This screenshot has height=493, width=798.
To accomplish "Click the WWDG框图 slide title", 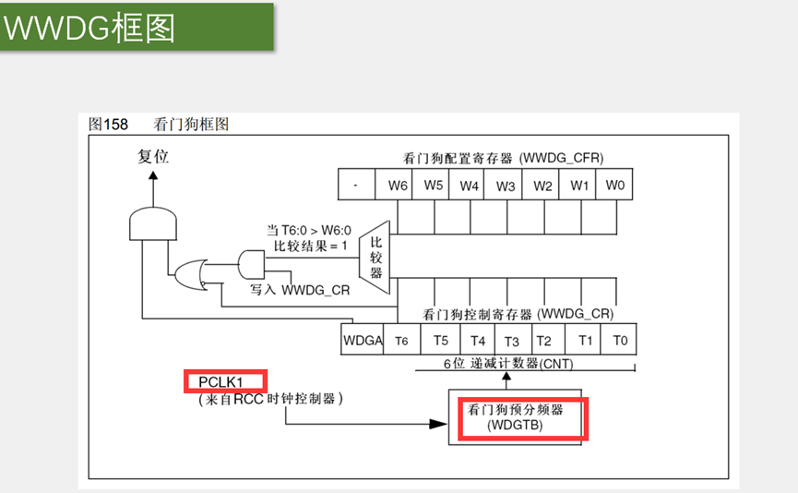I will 89,28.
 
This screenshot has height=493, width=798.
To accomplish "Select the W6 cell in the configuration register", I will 398,185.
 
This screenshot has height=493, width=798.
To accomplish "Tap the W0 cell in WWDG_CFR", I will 615,185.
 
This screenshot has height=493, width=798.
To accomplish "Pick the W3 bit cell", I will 506,185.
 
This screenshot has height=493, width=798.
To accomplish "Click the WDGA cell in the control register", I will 363,340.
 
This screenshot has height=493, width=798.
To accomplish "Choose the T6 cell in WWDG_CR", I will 401,340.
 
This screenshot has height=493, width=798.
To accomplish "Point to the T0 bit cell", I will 620,340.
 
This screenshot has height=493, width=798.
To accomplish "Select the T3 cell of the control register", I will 511,340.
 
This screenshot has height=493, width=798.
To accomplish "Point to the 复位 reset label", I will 153,157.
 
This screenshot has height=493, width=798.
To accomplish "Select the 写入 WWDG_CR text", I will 300,290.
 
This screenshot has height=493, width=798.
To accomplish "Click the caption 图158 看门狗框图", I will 158,124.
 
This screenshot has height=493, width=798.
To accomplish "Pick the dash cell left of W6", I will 355,185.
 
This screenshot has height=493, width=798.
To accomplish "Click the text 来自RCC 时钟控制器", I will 270,399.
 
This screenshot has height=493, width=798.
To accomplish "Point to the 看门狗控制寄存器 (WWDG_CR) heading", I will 518,314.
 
